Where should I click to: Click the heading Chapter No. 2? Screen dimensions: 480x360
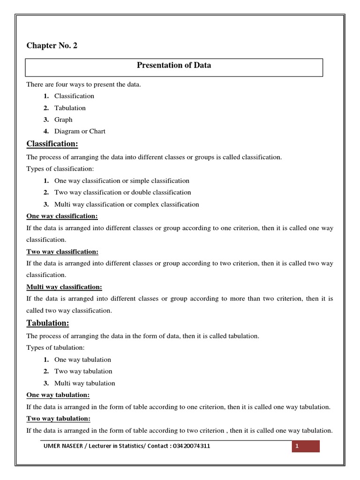[x=52, y=46]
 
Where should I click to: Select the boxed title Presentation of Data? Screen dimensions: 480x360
[x=173, y=66]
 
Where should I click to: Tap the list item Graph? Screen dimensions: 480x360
[x=63, y=120]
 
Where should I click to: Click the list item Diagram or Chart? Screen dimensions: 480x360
[x=80, y=131]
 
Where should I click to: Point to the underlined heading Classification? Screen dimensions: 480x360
[x=52, y=143]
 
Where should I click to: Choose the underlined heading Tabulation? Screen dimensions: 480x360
[x=48, y=323]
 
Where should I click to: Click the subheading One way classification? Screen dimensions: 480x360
[x=62, y=216]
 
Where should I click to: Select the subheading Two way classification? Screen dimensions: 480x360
[x=62, y=252]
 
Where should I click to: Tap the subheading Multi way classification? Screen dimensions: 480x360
[x=64, y=287]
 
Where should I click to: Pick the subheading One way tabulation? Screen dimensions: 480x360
[x=58, y=395]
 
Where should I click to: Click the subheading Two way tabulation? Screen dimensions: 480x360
[x=59, y=419]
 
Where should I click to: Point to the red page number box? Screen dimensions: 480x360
[x=306, y=446]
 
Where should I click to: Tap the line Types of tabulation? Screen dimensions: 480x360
[x=56, y=348]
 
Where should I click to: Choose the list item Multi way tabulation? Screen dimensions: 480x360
[x=84, y=383]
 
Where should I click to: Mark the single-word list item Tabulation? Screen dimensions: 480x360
[x=70, y=108]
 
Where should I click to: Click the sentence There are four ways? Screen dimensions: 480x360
[x=83, y=84]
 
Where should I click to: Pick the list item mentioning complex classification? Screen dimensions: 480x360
[x=127, y=204]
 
